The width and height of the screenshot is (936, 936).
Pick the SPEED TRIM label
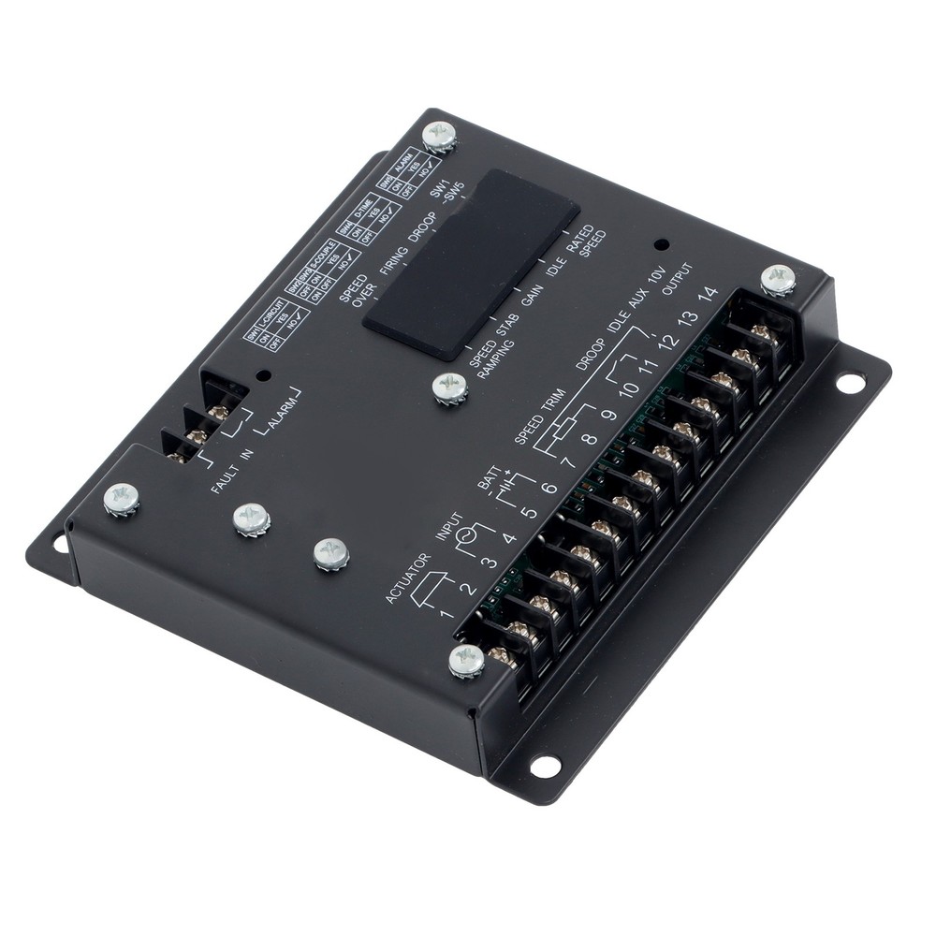[536, 414]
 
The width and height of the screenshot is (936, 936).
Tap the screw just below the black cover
[451, 386]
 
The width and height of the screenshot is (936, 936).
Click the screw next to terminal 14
[779, 279]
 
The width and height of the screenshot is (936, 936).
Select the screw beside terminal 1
[466, 661]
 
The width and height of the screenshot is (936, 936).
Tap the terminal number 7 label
[566, 461]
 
